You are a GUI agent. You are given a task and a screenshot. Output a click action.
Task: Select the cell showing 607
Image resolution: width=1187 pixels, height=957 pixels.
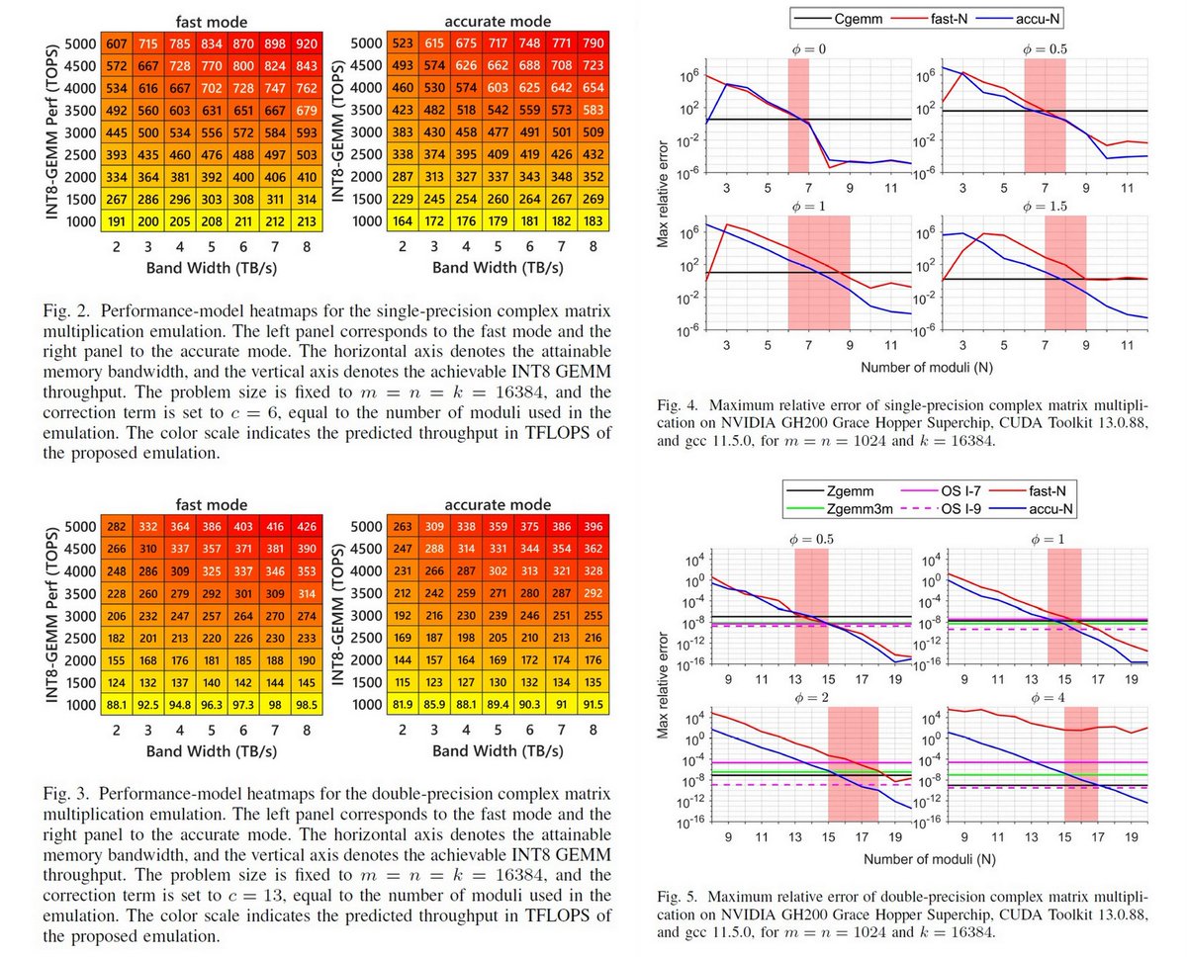pos(117,43)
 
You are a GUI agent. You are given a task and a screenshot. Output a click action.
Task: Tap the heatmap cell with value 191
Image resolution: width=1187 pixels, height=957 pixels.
pos(117,220)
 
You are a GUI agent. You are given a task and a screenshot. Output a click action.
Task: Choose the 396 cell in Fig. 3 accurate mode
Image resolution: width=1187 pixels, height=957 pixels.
pos(593,526)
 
